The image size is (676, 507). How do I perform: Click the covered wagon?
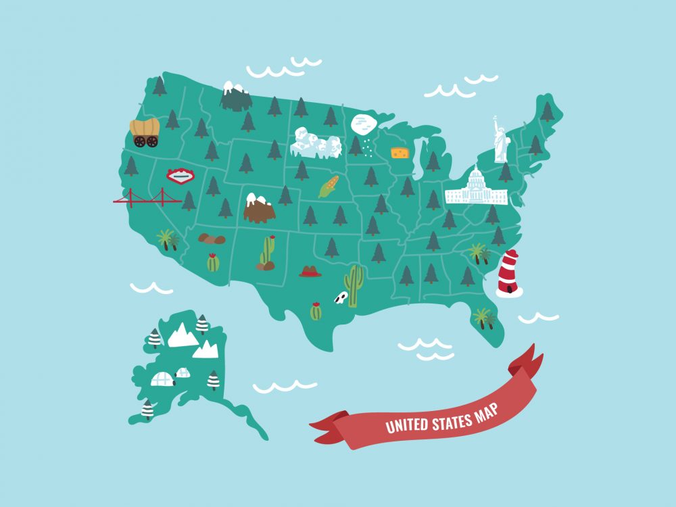pyautogui.click(x=145, y=131)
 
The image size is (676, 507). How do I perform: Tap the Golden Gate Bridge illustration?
pyautogui.click(x=147, y=198)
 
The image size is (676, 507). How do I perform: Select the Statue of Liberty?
pyautogui.click(x=501, y=141)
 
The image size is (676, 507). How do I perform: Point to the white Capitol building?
pyautogui.click(x=477, y=189)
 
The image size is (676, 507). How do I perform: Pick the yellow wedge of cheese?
pyautogui.click(x=400, y=153)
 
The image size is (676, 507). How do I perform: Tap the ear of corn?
pyautogui.click(x=329, y=187)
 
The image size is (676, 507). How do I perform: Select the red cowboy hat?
pyautogui.click(x=310, y=272)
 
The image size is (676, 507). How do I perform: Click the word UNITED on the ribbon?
pyautogui.click(x=406, y=425)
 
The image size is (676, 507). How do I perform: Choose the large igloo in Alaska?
pyautogui.click(x=162, y=379)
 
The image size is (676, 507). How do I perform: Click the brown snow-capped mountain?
pyautogui.click(x=259, y=209)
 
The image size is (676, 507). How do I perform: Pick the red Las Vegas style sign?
pyautogui.click(x=180, y=176)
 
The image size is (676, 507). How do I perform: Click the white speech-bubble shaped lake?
pyautogui.click(x=363, y=125)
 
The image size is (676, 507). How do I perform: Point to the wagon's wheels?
pyautogui.click(x=145, y=141)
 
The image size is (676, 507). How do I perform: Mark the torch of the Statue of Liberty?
pyautogui.click(x=494, y=118)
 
